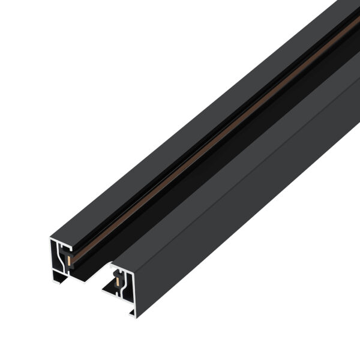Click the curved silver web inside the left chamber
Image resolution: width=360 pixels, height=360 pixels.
62,262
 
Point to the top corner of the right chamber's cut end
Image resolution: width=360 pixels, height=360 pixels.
112,265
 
